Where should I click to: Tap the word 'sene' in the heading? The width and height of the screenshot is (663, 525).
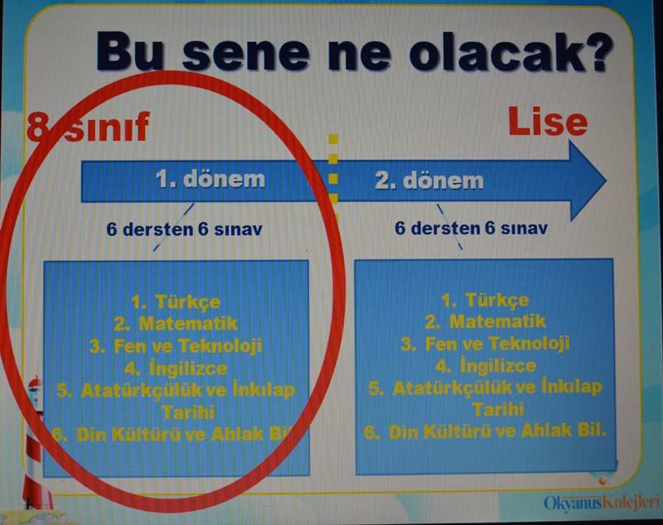pos(245,54)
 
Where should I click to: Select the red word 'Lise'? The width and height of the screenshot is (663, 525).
pos(548,121)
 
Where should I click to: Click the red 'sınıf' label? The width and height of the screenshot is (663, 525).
pos(108,126)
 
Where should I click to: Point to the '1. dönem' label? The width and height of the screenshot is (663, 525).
pos(211,179)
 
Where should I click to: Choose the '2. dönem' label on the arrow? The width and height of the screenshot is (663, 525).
pos(429,181)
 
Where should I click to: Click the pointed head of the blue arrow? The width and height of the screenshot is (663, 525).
pos(588,181)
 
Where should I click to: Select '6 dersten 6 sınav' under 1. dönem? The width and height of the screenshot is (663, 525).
pos(184,229)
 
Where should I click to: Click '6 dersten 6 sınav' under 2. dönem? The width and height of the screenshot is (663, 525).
pos(471,228)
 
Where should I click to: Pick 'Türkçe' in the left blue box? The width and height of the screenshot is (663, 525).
pos(188,301)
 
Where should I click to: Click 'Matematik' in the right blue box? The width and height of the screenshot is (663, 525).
pos(498,321)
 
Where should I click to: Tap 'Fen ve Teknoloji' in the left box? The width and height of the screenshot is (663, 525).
pos(188,345)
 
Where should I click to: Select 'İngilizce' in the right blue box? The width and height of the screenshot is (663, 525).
pos(498,365)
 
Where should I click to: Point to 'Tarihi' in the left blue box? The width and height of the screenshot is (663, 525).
pos(189,412)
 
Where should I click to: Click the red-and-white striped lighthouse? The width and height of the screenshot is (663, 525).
pos(36,444)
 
